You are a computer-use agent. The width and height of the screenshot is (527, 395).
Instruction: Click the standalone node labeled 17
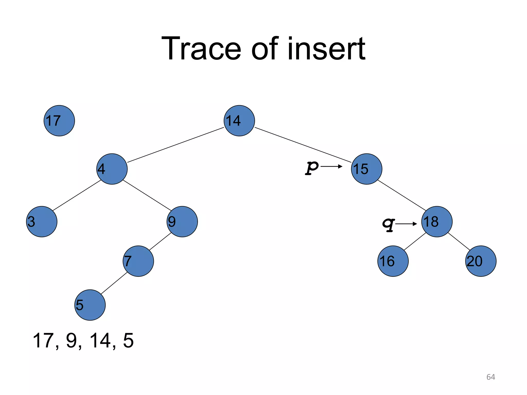[59, 121]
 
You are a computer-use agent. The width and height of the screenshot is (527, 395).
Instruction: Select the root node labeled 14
[239, 121]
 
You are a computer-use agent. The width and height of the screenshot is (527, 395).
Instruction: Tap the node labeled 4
[112, 169]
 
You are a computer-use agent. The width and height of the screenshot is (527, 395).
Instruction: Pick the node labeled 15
[367, 169]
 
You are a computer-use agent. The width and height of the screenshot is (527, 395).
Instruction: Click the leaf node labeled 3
[42, 222]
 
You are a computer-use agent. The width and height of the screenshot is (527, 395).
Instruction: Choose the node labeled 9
[182, 222]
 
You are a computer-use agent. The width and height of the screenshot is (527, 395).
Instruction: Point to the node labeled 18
[437, 222]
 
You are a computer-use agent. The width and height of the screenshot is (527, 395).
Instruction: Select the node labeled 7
[138, 261]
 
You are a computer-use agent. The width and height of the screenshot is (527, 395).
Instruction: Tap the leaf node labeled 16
[393, 261]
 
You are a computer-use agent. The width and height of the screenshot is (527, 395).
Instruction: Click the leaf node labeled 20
[481, 261]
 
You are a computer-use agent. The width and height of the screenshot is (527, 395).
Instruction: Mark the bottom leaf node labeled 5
[90, 305]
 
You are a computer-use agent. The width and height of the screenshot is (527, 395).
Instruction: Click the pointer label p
[312, 168]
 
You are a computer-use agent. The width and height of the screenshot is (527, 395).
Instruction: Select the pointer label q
[388, 224]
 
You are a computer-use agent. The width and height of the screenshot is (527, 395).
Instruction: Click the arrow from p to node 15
[331, 167]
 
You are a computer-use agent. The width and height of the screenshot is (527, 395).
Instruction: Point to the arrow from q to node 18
[406, 224]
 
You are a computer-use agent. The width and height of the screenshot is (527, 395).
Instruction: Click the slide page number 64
[491, 377]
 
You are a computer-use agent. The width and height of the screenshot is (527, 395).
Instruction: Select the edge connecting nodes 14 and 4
[175, 145]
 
